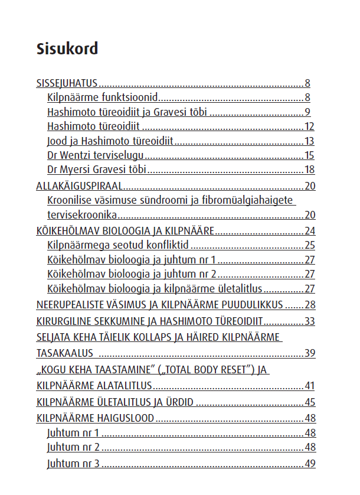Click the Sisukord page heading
coord(67,48)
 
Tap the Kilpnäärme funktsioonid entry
coord(102,97)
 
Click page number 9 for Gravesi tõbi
coord(307,112)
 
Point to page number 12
coord(309,126)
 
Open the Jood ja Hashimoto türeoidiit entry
coord(113,141)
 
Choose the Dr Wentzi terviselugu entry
coord(96,156)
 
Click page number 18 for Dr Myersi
coord(309,171)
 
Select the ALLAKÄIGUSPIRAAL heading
coord(79,186)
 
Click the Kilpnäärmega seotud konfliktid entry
coord(117,245)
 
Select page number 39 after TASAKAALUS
coord(309,353)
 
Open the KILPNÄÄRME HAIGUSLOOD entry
coord(95,418)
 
